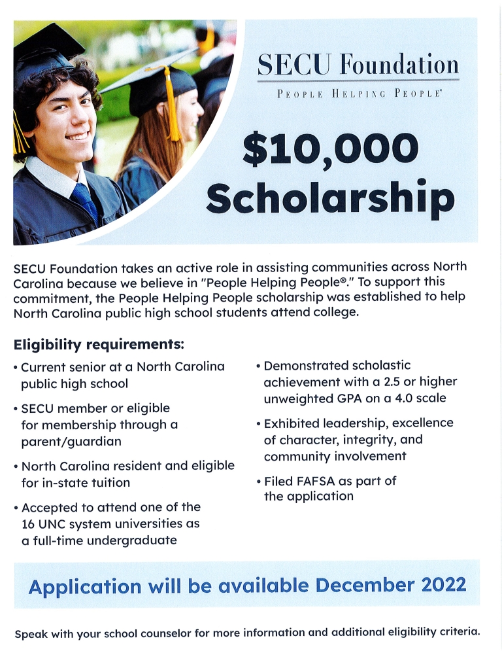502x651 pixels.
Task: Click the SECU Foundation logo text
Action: click(358, 65)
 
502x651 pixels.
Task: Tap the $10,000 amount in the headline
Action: click(330, 149)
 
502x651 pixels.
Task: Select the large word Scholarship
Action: click(330, 198)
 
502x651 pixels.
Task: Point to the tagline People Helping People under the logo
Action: click(359, 94)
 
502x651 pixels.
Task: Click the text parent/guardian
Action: click(71, 442)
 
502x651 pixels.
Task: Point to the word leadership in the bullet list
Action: click(355, 423)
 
